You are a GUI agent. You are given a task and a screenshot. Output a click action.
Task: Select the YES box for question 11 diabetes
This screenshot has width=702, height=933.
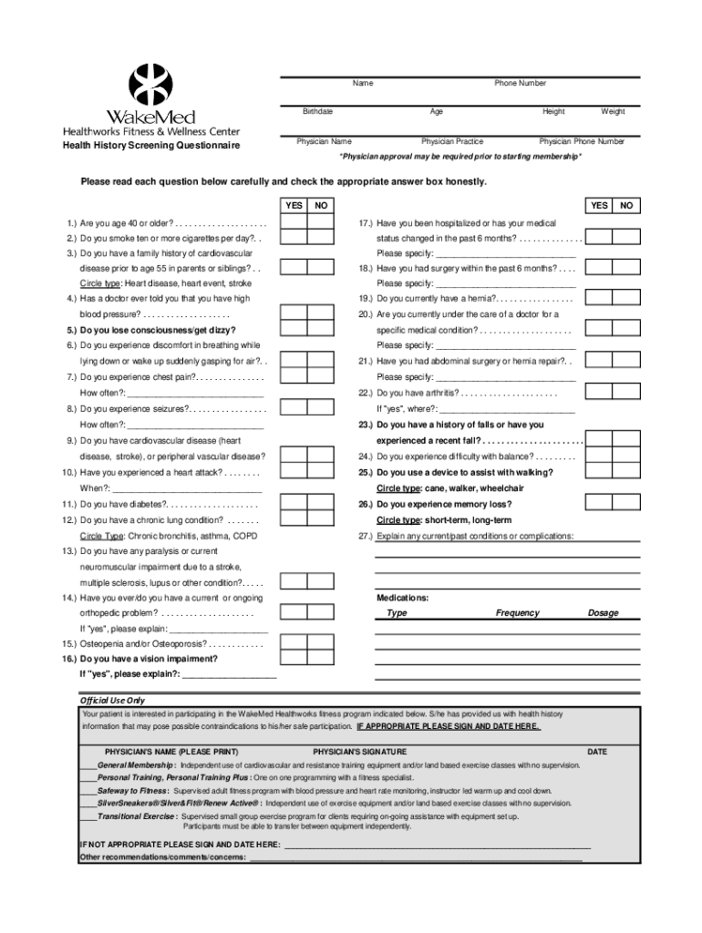294,505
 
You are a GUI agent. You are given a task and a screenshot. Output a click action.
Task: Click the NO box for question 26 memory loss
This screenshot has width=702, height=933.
625,503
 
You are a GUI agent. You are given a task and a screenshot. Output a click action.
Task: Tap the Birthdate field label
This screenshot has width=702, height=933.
317,111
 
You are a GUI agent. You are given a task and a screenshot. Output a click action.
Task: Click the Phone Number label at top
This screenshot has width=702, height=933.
520,83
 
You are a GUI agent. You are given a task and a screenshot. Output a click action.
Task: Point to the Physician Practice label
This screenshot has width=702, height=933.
452,141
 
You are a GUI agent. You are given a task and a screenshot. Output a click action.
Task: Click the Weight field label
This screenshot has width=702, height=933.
613,111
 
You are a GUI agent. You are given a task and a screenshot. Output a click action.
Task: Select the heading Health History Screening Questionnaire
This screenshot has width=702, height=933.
151,146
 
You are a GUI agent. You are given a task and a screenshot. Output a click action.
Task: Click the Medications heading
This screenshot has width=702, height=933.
402,599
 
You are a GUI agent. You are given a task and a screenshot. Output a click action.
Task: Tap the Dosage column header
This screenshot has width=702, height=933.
603,613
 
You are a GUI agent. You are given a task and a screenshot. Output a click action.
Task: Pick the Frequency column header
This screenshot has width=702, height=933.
517,613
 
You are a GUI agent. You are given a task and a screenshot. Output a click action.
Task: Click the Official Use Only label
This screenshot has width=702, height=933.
112,700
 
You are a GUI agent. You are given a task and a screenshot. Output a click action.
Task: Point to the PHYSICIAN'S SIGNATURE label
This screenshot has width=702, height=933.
359,752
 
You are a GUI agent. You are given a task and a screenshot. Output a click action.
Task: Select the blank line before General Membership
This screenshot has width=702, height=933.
88,766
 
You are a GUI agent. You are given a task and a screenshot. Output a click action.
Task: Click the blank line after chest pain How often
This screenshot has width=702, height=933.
195,394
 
